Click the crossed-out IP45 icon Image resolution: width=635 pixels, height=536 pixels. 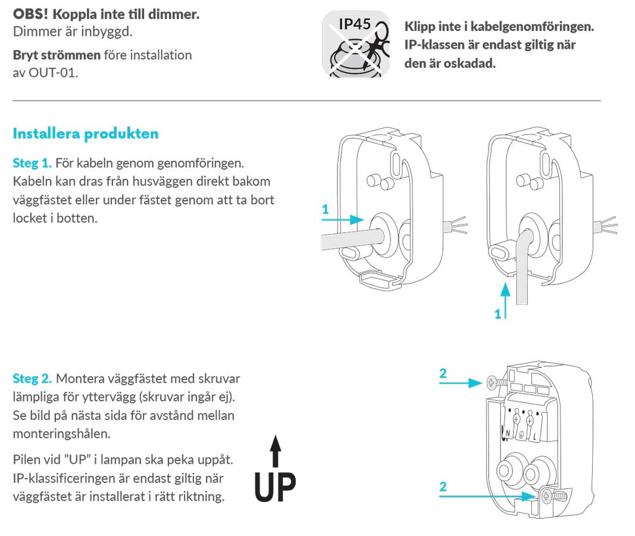(355, 44)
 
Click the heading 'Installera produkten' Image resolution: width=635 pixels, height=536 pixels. (86, 133)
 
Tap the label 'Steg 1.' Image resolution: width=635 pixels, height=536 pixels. (32, 163)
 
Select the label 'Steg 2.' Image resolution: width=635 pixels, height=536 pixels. (32, 379)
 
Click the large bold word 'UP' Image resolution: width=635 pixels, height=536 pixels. (275, 487)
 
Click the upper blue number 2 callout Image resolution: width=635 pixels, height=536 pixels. (443, 373)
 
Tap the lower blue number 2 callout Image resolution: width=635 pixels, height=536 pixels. (443, 487)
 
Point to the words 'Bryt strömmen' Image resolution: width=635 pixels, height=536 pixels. (57, 55)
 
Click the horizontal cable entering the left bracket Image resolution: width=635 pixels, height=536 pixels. (345, 240)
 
